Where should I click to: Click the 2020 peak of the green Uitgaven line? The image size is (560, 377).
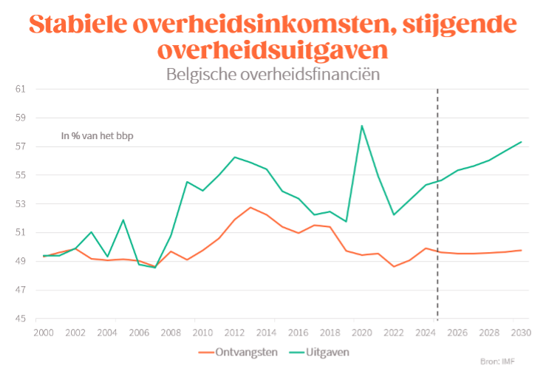361,126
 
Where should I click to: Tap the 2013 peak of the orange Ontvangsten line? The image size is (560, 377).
250,207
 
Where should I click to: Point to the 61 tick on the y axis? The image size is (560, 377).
21,89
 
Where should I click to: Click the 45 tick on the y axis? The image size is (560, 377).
21,319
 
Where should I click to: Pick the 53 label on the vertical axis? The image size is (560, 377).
21,204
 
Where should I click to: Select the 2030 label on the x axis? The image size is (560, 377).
520,333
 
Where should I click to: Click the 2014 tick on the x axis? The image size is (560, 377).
267,333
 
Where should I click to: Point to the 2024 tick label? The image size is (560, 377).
425,333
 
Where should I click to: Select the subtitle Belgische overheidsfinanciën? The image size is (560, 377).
273,74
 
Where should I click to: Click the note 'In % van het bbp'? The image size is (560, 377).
97,135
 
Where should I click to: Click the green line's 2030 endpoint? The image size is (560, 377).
521,142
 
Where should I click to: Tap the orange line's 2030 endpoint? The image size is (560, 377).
521,250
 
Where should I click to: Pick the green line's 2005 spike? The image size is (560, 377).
123,220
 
